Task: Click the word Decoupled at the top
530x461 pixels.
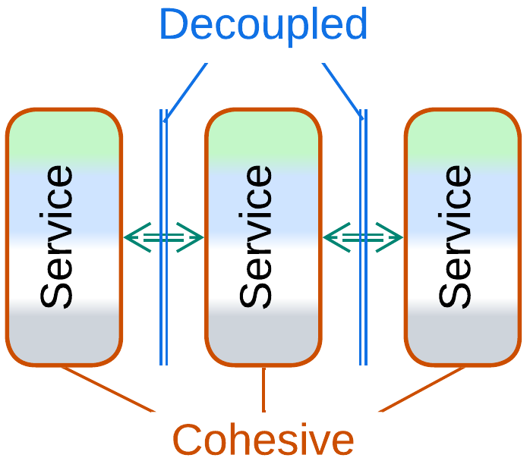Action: click(263, 24)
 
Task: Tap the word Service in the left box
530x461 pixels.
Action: click(58, 237)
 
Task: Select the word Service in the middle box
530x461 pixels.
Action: click(257, 237)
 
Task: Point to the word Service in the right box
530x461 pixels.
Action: click(456, 237)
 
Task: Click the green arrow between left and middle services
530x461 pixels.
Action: click(163, 237)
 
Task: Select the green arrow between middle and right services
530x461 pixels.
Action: click(362, 237)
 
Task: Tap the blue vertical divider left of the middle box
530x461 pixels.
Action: click(163, 303)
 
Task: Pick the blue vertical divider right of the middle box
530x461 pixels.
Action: click(363, 303)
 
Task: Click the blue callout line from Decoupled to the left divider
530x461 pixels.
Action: click(186, 91)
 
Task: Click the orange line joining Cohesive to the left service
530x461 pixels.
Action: click(106, 388)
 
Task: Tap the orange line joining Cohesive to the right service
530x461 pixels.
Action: click(422, 388)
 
